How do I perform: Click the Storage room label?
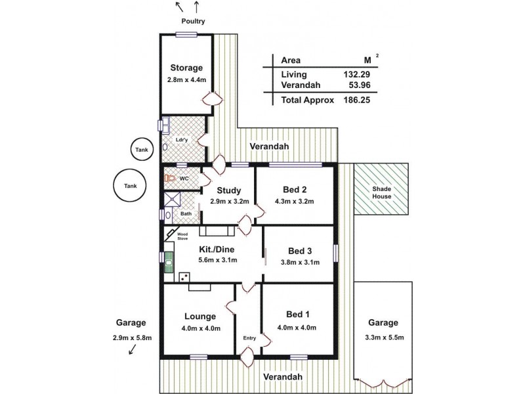[186, 68]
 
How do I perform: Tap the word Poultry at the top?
[193, 21]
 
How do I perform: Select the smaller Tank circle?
[142, 150]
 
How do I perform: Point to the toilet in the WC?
[171, 178]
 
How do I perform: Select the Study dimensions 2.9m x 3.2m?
[229, 202]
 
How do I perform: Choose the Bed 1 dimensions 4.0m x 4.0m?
[297, 328]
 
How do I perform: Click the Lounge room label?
[196, 316]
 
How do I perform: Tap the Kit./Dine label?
[217, 249]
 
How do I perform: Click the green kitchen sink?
[169, 262]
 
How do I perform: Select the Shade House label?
[381, 192]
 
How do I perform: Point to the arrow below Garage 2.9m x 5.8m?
[133, 351]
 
